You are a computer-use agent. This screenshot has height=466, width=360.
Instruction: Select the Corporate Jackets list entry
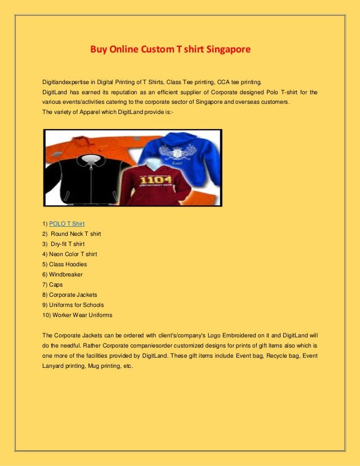tap(73, 294)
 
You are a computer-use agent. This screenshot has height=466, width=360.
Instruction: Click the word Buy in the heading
tap(99, 50)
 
